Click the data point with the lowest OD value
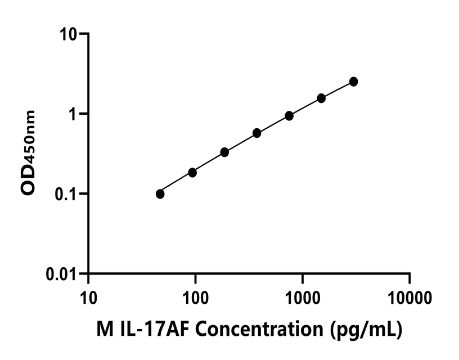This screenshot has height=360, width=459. pyautogui.click(x=160, y=194)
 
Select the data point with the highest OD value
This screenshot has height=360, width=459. pyautogui.click(x=353, y=82)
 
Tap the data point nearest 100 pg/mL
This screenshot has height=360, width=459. pyautogui.click(x=192, y=172)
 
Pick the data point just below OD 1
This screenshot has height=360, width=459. pyautogui.click(x=289, y=116)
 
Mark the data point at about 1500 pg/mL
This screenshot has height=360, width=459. pyautogui.click(x=321, y=98)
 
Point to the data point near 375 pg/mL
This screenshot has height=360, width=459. pyautogui.click(x=257, y=133)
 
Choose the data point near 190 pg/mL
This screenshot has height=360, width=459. pyautogui.click(x=224, y=152)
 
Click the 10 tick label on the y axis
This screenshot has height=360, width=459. pyautogui.click(x=70, y=34)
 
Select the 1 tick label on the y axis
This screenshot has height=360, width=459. pyautogui.click(x=74, y=114)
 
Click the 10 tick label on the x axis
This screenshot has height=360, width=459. pyautogui.click(x=88, y=295)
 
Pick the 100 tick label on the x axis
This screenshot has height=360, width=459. pyautogui.click(x=195, y=295)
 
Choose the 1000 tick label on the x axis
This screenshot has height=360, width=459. pyautogui.click(x=303, y=295)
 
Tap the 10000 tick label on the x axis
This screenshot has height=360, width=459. pyautogui.click(x=409, y=295)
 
